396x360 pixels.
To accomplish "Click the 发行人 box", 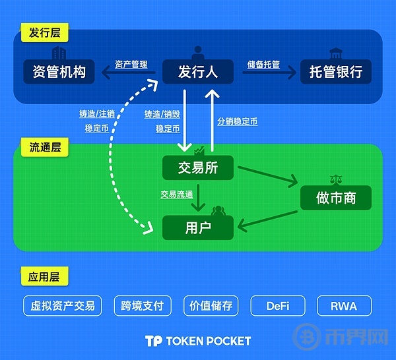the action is click(x=198, y=72).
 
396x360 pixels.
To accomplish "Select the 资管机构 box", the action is click(x=59, y=72).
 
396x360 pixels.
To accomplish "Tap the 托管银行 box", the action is click(x=336, y=72).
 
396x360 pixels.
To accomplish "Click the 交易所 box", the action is click(x=198, y=167).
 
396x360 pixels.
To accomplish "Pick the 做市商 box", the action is click(x=336, y=198).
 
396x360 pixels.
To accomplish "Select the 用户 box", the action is click(x=198, y=228).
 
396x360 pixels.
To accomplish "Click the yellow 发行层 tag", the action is click(x=45, y=32).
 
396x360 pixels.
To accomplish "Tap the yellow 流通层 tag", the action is click(x=45, y=147).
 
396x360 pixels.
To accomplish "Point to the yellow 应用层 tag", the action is click(x=44, y=276).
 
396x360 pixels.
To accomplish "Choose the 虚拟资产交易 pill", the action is click(x=63, y=306).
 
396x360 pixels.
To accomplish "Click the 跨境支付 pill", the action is click(x=143, y=306).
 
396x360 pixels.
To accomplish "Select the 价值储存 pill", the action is click(x=211, y=306).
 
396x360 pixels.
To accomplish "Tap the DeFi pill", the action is click(x=278, y=306).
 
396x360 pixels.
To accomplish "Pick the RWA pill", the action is click(x=345, y=306).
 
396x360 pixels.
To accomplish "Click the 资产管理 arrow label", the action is click(x=131, y=65).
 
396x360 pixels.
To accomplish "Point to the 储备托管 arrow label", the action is click(x=263, y=65).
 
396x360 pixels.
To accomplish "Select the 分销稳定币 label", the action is click(x=238, y=121).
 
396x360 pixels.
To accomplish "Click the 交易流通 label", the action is click(x=177, y=195).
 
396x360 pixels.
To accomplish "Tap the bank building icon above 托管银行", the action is click(x=336, y=53).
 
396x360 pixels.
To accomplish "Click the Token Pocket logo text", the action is click(x=198, y=341).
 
